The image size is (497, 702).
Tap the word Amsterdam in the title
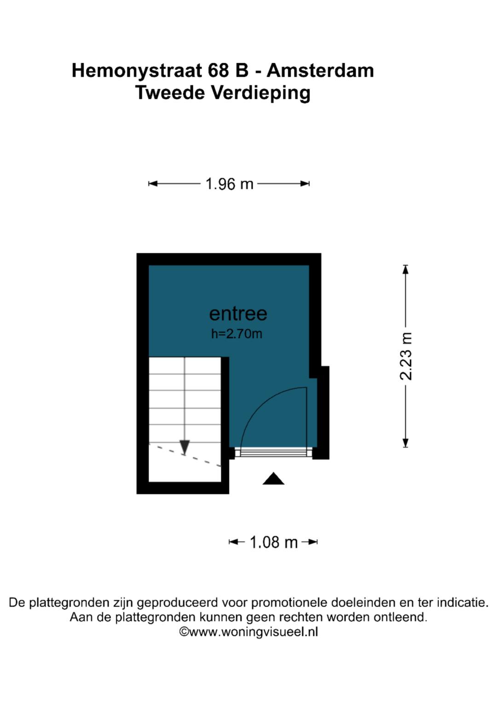320,70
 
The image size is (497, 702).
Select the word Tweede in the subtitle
170,93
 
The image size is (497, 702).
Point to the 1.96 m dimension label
229,183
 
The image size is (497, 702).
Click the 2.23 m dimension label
406,356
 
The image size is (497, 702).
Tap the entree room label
238,314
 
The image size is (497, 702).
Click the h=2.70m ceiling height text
237,334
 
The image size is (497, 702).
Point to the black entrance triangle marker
273,479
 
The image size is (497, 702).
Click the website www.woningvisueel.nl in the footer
254,632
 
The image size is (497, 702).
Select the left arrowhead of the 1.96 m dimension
153,183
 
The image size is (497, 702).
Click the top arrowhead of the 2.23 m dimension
405,269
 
